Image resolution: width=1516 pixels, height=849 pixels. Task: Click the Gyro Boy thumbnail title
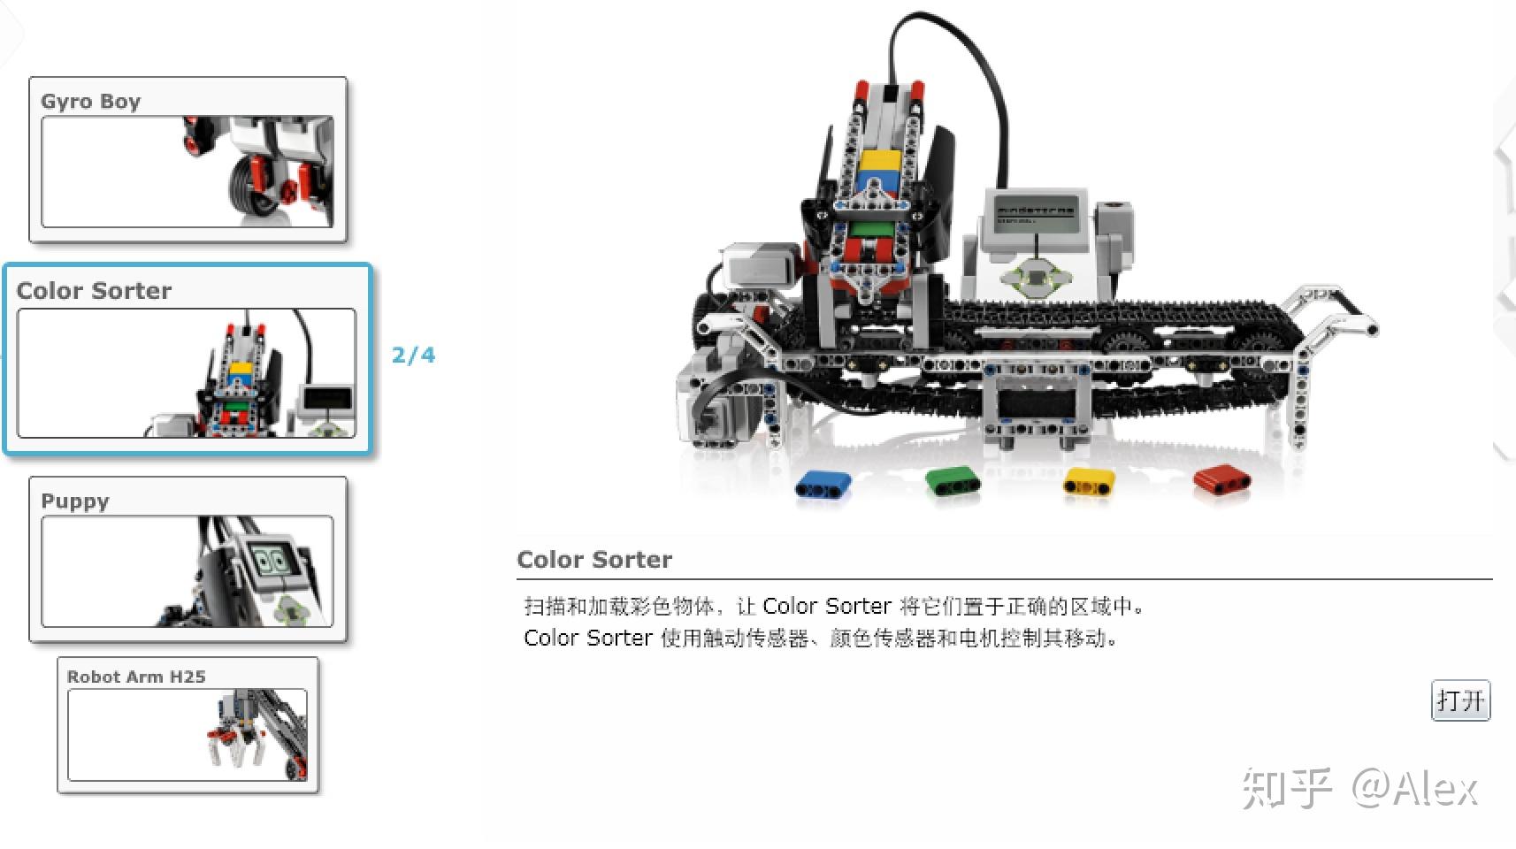[x=90, y=102]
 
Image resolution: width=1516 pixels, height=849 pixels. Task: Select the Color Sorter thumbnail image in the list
[x=187, y=372]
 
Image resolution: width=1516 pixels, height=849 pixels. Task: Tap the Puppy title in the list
[x=75, y=501]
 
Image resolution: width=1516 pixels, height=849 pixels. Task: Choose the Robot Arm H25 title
[x=136, y=677]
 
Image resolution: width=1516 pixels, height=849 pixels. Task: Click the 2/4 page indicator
[x=413, y=356]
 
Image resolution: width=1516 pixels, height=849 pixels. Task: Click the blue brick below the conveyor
[x=823, y=485]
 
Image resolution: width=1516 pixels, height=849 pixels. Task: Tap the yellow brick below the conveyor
[x=1088, y=482]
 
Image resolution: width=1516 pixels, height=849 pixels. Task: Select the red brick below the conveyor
[x=1221, y=479]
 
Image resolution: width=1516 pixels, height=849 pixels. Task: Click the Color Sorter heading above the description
[x=594, y=560]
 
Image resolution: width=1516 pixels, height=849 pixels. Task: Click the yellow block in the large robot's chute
[x=879, y=162]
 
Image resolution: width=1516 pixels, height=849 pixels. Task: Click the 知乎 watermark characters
[x=1286, y=788]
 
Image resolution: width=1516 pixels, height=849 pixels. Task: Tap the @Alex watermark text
[x=1415, y=788]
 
